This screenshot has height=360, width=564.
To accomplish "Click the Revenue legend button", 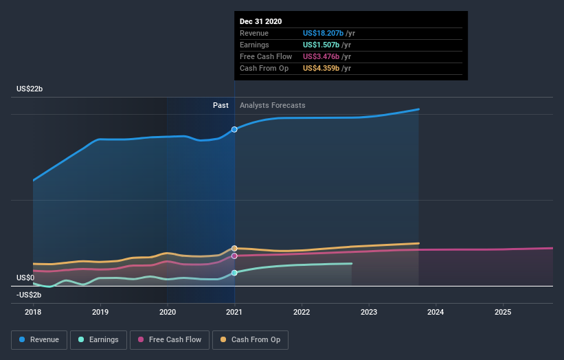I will click(x=40, y=339).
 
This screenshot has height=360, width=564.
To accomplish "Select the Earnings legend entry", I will click(x=98, y=339).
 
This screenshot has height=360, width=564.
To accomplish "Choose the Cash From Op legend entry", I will click(x=251, y=339).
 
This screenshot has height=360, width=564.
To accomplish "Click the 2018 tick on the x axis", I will click(x=33, y=312).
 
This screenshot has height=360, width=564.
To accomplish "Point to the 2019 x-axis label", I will click(x=100, y=312).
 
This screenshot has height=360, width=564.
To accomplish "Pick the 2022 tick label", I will click(x=302, y=312).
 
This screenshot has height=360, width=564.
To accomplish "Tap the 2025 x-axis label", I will click(x=503, y=312).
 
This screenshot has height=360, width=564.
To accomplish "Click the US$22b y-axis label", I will click(x=31, y=89).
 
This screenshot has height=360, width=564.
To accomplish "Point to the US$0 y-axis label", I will click(x=26, y=278).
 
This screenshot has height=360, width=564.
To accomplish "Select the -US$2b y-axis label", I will click(x=30, y=295).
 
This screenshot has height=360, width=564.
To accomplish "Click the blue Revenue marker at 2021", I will click(x=234, y=129).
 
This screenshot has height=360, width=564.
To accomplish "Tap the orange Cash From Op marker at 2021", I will click(x=234, y=248).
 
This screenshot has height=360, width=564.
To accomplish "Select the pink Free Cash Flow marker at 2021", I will click(x=234, y=256).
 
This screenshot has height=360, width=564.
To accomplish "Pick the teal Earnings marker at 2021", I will click(x=234, y=273).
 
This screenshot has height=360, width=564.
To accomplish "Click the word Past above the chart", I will click(x=221, y=105).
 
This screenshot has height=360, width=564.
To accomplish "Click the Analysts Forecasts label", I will click(x=273, y=105).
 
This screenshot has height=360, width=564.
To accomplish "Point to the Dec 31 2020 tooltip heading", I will click(x=261, y=22).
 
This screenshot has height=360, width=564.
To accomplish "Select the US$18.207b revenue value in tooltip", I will click(x=327, y=34).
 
